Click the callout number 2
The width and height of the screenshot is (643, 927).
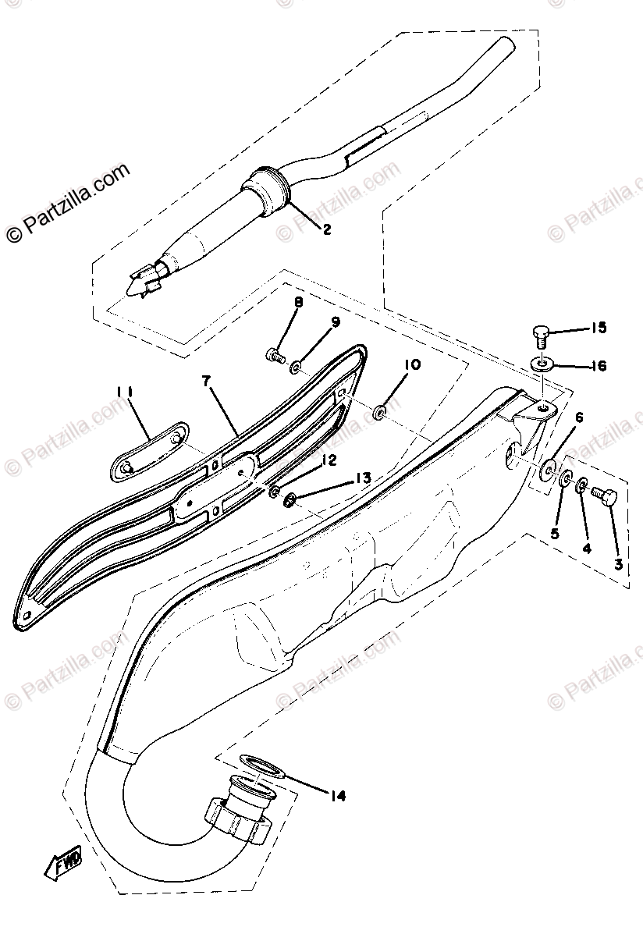tap(326, 229)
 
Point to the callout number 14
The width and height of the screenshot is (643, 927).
tap(338, 796)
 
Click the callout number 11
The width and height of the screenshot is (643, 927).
tap(126, 391)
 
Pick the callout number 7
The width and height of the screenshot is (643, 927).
tap(206, 381)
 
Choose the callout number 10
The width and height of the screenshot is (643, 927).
tap(412, 364)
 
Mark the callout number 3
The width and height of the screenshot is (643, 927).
tap(617, 563)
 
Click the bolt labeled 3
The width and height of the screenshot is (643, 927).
tap(602, 494)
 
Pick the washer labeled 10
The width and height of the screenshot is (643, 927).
tap(378, 410)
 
